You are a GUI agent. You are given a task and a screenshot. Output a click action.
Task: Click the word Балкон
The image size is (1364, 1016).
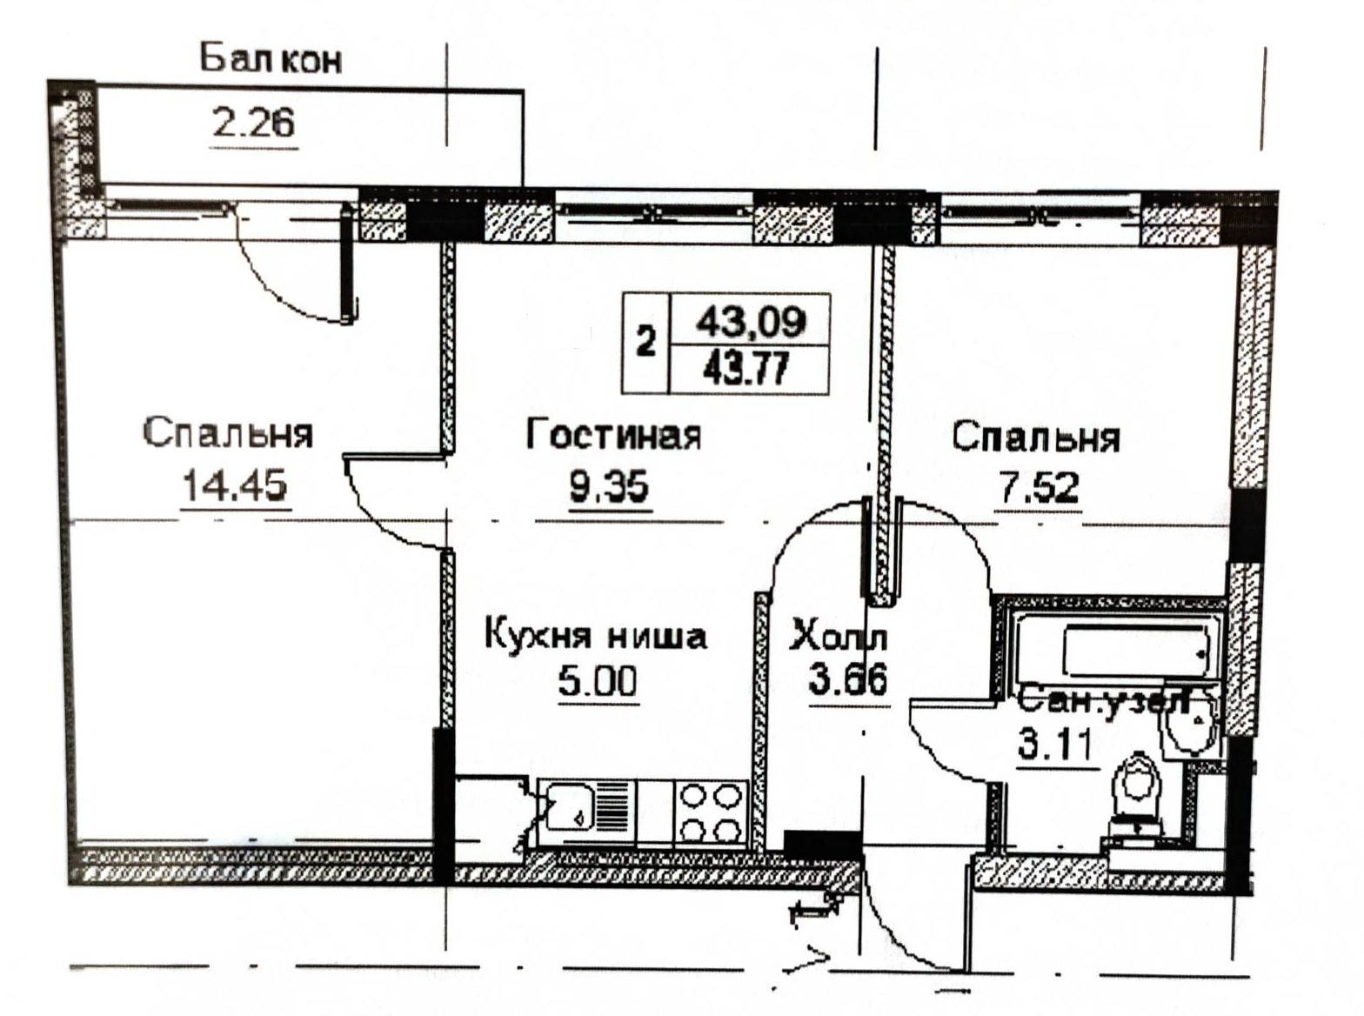(x=271, y=59)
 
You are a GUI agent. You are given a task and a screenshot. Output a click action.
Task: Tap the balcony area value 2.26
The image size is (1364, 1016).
(x=254, y=124)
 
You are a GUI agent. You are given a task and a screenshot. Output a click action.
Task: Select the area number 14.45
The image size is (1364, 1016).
(x=234, y=485)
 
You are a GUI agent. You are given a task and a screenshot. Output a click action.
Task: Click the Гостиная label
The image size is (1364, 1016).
(x=613, y=434)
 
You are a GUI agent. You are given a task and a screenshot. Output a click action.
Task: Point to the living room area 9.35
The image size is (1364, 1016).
(x=609, y=486)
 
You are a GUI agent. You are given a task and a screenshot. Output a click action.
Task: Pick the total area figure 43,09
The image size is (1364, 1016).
(x=751, y=322)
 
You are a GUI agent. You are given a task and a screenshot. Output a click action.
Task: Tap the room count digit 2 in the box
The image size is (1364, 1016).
(x=645, y=343)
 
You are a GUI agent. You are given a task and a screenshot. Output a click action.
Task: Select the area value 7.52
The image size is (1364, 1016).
(x=1039, y=488)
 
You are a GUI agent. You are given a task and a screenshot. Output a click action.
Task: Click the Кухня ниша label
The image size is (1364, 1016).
(x=596, y=636)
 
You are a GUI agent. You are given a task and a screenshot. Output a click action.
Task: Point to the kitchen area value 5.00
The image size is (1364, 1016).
(x=598, y=680)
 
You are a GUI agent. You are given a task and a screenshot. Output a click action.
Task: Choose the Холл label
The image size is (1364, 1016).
(x=838, y=638)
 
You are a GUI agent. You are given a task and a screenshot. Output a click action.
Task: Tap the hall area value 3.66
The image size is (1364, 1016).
(x=848, y=679)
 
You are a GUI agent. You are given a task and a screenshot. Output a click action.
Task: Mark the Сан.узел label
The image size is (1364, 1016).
(x=1103, y=700)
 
